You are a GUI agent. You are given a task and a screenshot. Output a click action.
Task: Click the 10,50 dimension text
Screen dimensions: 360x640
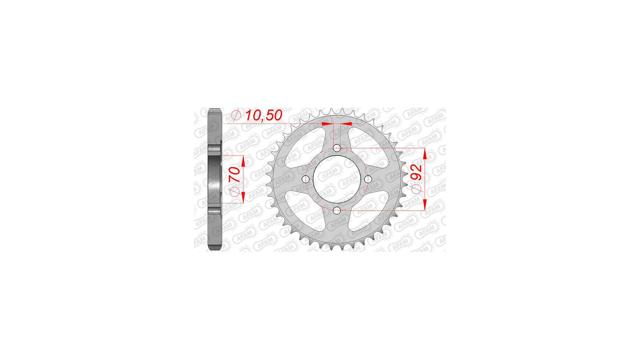[x=263, y=115]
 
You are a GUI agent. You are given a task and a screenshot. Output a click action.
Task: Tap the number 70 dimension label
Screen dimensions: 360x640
[x=235, y=174]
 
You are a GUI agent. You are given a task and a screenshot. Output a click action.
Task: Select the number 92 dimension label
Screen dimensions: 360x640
[x=416, y=172]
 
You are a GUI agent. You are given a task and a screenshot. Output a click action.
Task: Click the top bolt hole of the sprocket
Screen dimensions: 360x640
[x=337, y=148]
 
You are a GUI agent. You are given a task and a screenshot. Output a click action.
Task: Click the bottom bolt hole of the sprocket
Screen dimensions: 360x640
[x=337, y=210]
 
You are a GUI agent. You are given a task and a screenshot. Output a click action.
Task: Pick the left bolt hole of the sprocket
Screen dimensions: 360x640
[x=305, y=179]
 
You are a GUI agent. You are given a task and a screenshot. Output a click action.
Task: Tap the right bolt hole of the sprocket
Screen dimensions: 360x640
[x=368, y=179]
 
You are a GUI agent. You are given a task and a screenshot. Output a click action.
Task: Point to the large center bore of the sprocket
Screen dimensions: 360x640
[x=337, y=179]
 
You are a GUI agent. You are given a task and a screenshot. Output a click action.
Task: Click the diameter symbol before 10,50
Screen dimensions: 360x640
[x=236, y=115]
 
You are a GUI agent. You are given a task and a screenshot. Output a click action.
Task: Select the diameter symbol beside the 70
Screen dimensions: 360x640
[x=235, y=192]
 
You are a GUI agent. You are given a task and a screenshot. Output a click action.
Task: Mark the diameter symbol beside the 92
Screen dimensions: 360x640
[x=416, y=189]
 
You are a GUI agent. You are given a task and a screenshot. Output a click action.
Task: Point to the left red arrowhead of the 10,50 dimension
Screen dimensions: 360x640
[x=327, y=124]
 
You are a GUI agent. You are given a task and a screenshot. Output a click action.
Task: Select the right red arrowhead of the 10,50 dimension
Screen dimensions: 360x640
[x=346, y=124]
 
